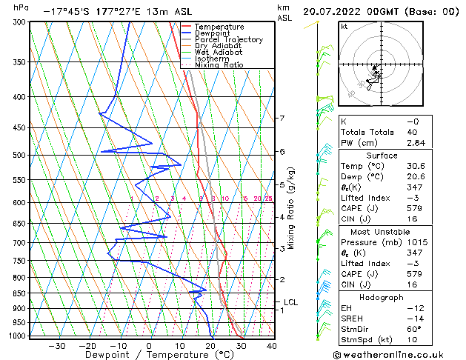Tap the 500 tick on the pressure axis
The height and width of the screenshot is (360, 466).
point(16,156)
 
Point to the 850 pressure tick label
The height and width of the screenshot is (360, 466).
point(16,293)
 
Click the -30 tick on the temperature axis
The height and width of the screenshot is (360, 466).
point(56,345)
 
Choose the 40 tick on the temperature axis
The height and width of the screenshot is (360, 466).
point(271,345)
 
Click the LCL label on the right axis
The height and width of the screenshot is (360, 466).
point(290,302)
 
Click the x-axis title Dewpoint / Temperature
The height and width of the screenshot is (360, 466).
point(150,355)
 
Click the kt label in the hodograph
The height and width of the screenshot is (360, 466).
point(344,26)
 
